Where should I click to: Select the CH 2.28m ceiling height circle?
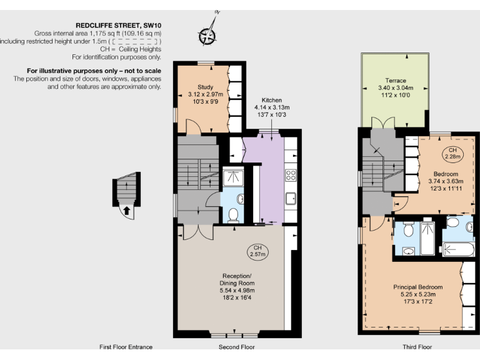point(453,153)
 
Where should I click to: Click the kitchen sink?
point(291,199)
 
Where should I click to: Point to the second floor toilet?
point(232,216)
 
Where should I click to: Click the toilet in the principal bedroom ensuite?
point(407,230)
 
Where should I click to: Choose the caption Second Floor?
point(236,347)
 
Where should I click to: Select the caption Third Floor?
point(416,347)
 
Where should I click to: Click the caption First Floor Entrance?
point(126,347)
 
